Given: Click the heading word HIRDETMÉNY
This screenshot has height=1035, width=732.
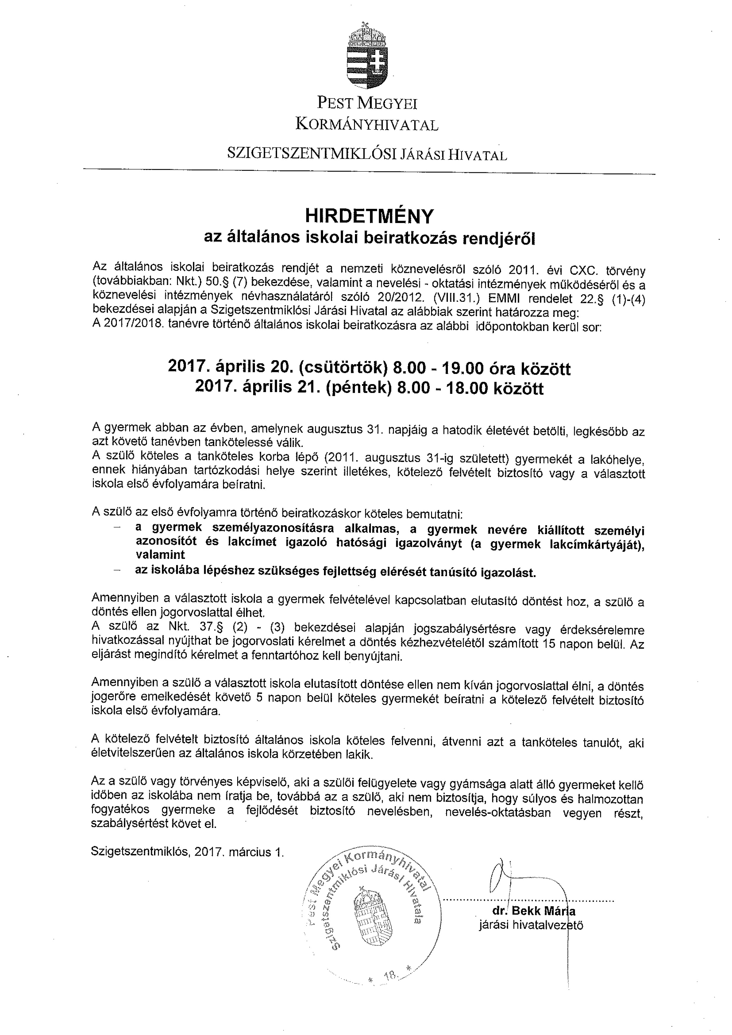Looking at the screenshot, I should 369,216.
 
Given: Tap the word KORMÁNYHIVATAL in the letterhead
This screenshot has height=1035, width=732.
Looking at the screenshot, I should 367,124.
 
